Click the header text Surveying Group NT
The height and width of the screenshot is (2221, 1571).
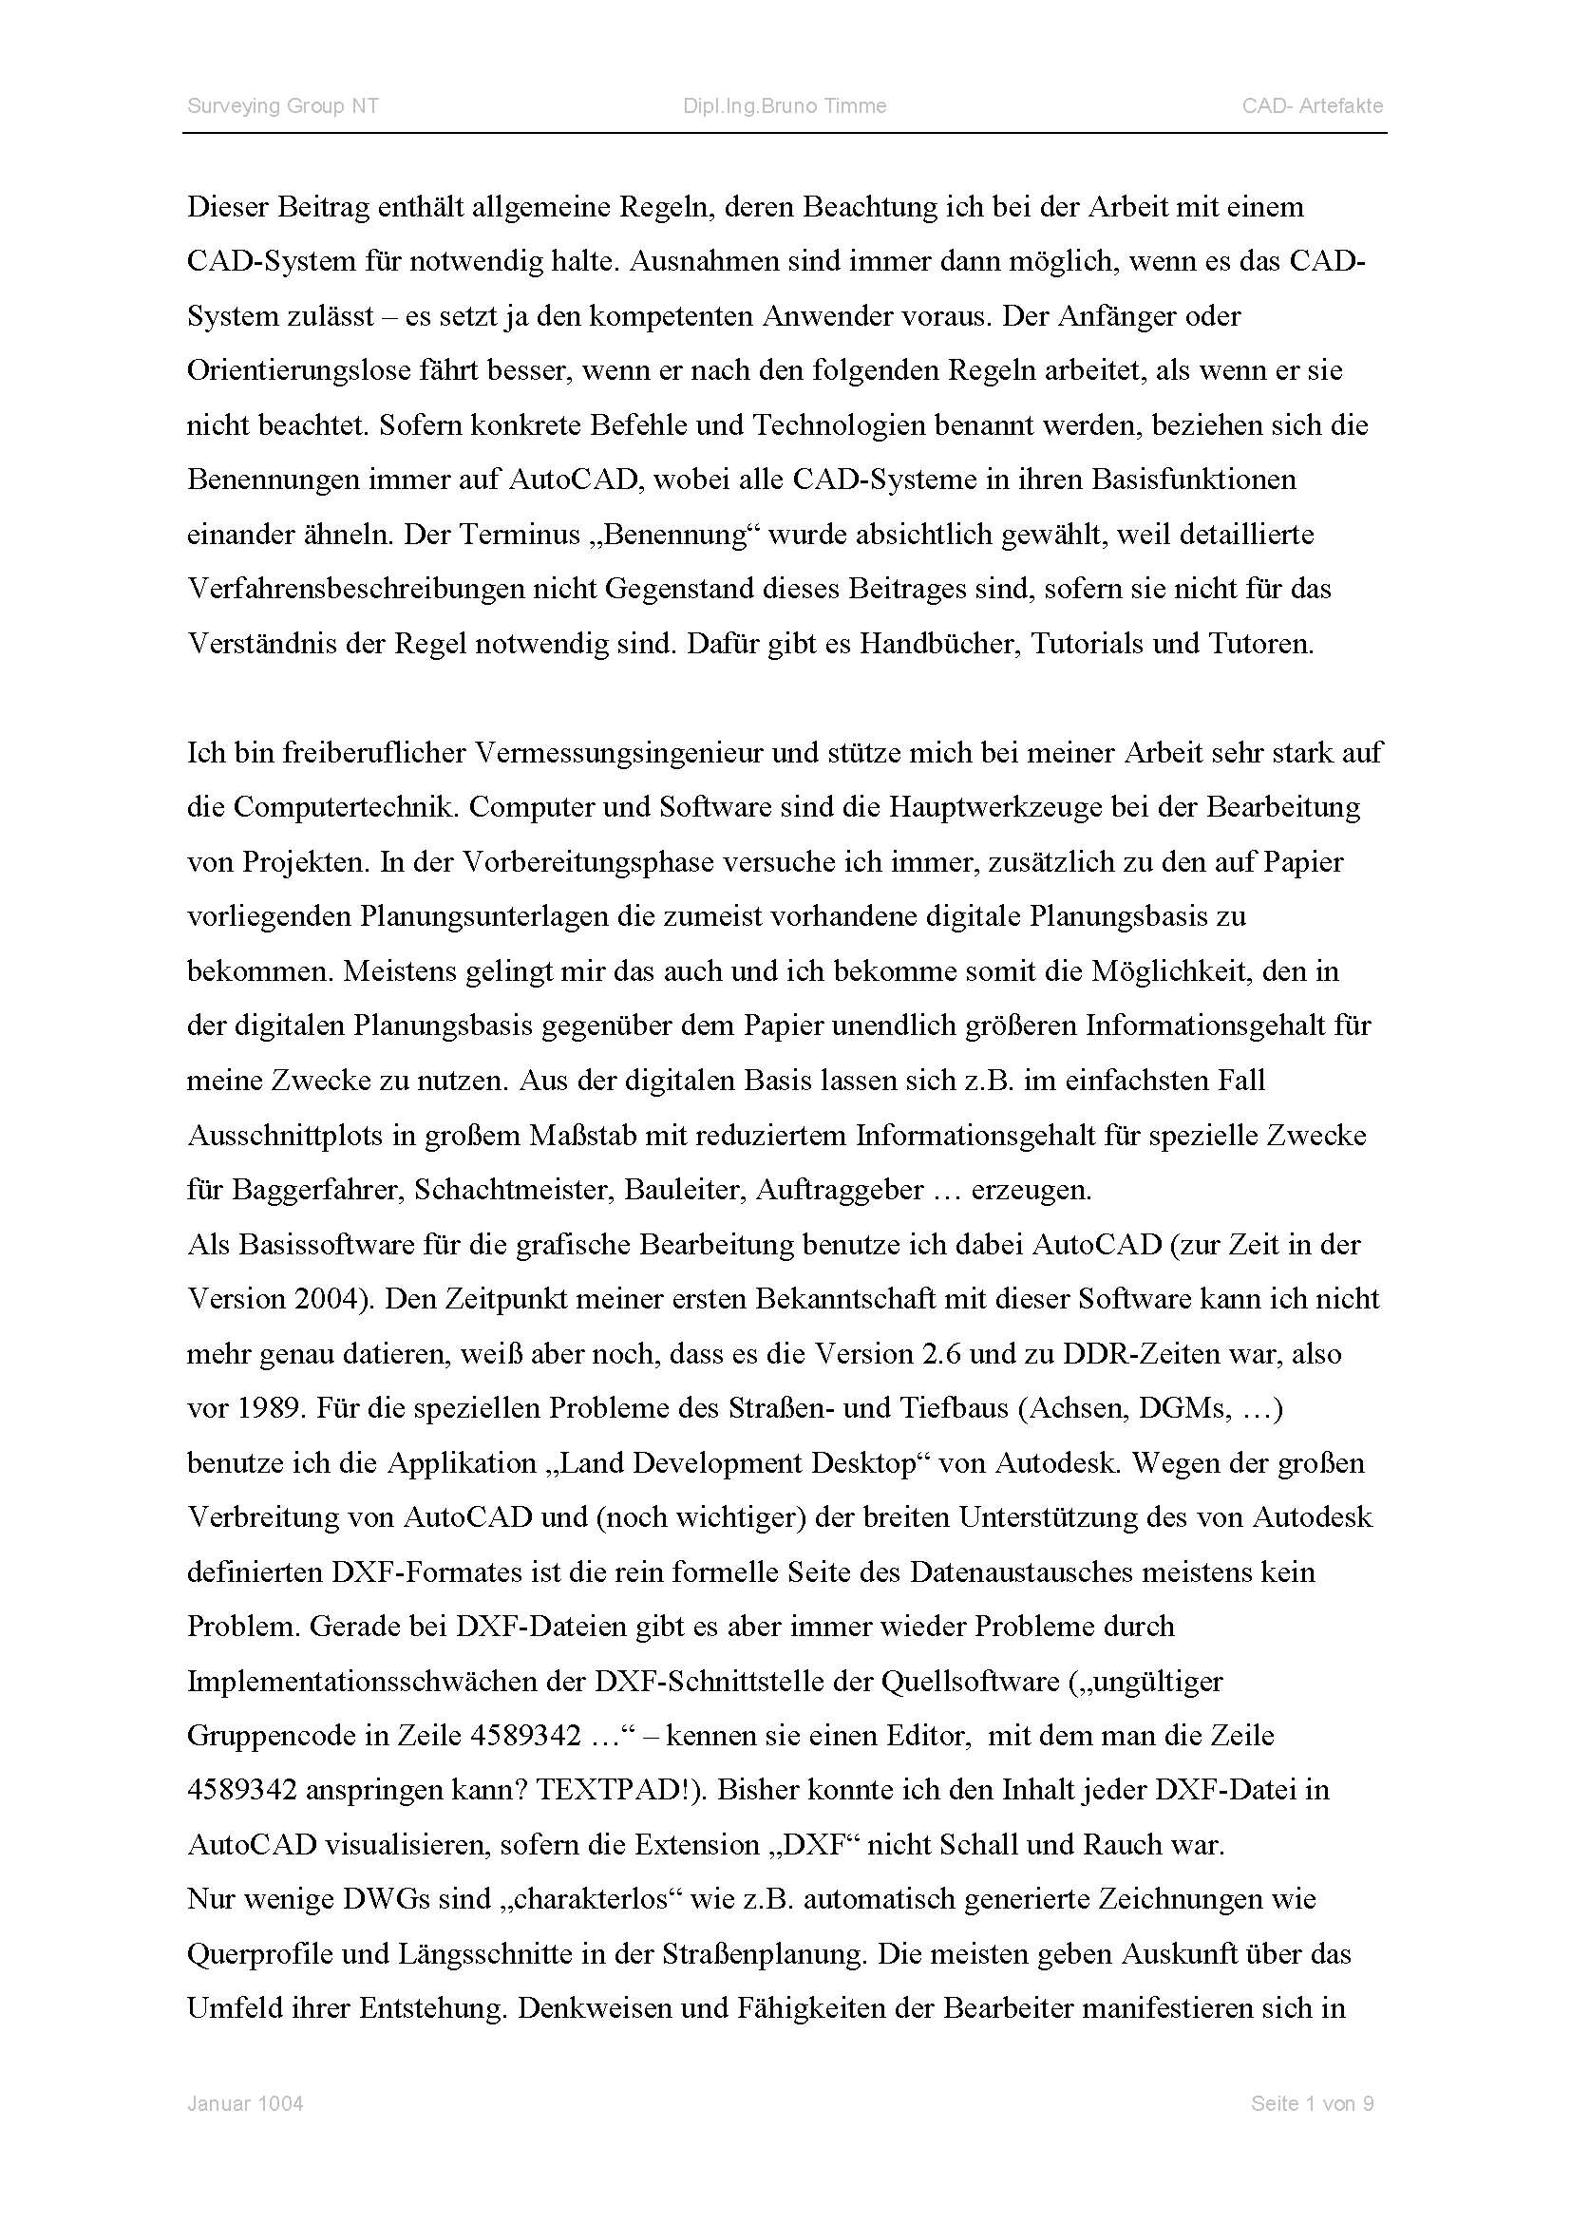[282, 106]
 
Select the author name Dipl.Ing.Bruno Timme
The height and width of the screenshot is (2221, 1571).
[785, 106]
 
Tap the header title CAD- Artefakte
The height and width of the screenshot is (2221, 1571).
[1313, 106]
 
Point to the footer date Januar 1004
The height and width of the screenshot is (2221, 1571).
[245, 2104]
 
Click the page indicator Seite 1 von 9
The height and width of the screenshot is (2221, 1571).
[1312, 2104]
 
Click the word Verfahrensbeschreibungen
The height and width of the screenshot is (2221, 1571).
[355, 589]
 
